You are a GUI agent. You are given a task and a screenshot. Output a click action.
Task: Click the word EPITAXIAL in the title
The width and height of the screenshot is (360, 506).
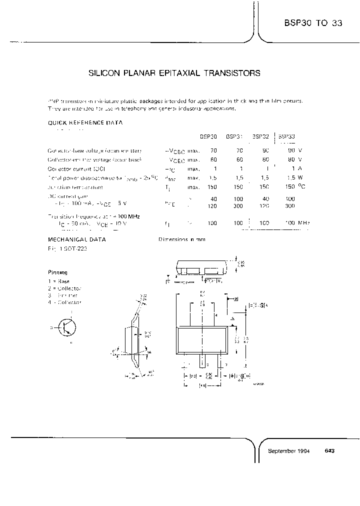[x=173, y=73]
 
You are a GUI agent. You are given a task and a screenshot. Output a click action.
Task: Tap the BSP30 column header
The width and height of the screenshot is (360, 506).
[x=208, y=136]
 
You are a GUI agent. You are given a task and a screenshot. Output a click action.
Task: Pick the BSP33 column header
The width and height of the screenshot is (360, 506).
[x=286, y=136]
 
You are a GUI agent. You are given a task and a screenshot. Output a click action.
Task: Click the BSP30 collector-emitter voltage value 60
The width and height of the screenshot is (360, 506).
[x=213, y=159]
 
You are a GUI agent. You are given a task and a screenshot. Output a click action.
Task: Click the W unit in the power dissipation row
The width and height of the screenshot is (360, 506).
[x=300, y=177]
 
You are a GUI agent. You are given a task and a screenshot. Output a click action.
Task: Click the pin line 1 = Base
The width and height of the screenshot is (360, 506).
[x=60, y=281]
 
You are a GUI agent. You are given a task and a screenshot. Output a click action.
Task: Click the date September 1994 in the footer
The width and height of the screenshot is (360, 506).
[x=289, y=450]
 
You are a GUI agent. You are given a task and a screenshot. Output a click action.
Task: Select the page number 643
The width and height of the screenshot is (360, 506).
[x=329, y=450]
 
